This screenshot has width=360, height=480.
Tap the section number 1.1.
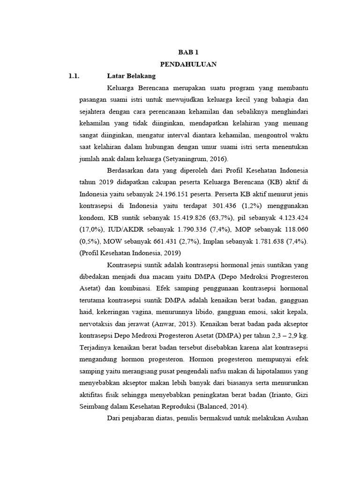[x=75, y=76]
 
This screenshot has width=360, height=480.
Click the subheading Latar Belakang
[x=131, y=76]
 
